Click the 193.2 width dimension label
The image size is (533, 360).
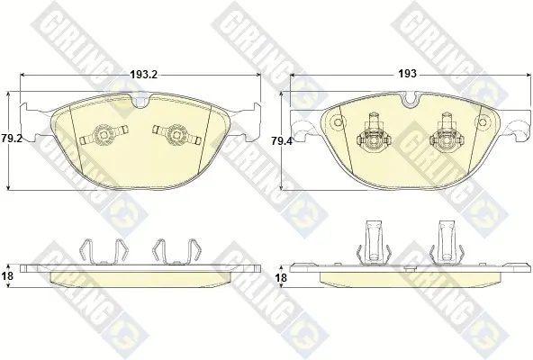[144, 75]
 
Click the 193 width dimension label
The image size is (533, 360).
[407, 74]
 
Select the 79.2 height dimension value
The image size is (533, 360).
[11, 139]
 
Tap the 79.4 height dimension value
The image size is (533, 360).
[282, 140]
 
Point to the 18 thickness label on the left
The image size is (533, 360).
[7, 275]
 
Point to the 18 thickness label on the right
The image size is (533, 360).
[281, 278]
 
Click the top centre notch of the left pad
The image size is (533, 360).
[140, 102]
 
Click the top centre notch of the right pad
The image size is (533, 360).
[411, 99]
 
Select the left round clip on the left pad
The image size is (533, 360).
[104, 135]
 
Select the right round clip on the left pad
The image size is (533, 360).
[176, 135]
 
